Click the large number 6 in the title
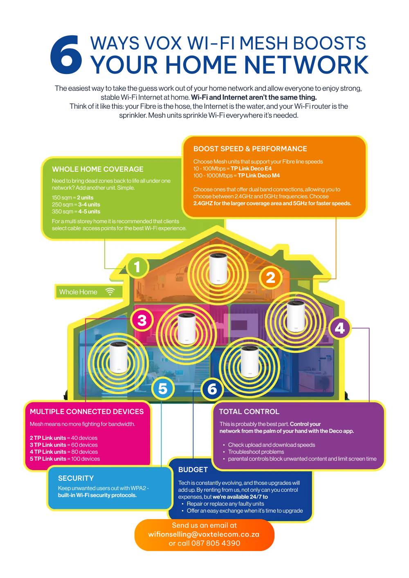pyautogui.click(x=66, y=55)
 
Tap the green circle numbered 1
pyautogui.click(x=137, y=267)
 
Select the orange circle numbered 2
pyautogui.click(x=270, y=278)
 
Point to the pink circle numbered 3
pyautogui.click(x=142, y=320)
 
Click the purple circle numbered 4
pyautogui.click(x=339, y=328)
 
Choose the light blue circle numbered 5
pyautogui.click(x=163, y=388)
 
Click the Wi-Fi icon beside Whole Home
pyautogui.click(x=110, y=291)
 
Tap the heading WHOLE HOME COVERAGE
pyautogui.click(x=98, y=169)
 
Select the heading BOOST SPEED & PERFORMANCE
pyautogui.click(x=250, y=149)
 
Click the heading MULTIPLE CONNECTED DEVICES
pyautogui.click(x=87, y=412)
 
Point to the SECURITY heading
pyautogui.click(x=76, y=478)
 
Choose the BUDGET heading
pyautogui.click(x=193, y=470)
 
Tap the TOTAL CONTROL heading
pyautogui.click(x=249, y=412)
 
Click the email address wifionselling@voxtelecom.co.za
pyautogui.click(x=204, y=534)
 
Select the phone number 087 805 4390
pyautogui.click(x=216, y=543)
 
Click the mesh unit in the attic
pyautogui.click(x=218, y=268)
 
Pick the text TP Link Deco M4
pyautogui.click(x=259, y=175)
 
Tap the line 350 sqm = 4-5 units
pyautogui.click(x=76, y=211)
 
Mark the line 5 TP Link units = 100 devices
pyautogui.click(x=65, y=459)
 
